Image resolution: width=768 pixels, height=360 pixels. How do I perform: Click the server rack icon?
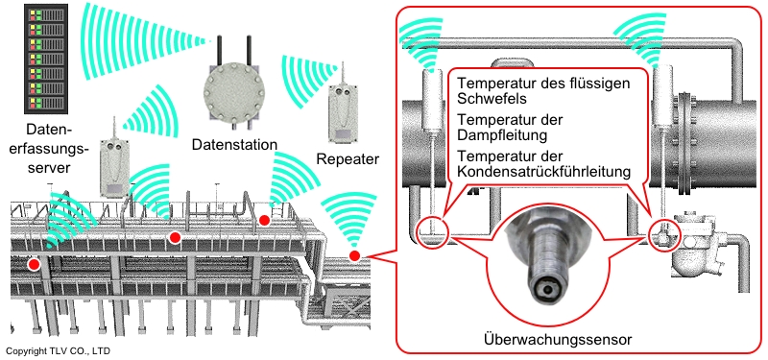(45, 59)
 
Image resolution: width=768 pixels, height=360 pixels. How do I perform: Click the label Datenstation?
(234, 145)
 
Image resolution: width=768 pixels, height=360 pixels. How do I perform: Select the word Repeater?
(348, 159)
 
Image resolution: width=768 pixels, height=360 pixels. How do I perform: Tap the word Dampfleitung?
(502, 134)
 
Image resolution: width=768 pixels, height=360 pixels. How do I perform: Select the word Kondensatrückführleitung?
(542, 172)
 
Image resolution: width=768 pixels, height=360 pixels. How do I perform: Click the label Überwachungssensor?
(558, 339)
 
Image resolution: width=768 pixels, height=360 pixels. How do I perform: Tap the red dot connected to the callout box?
(354, 255)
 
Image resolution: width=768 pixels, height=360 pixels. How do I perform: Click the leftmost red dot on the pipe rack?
(34, 265)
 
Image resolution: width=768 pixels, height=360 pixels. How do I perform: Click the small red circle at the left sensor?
(432, 230)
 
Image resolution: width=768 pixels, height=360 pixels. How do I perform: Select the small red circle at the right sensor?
(664, 234)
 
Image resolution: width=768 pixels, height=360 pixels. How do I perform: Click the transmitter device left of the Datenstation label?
(115, 166)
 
